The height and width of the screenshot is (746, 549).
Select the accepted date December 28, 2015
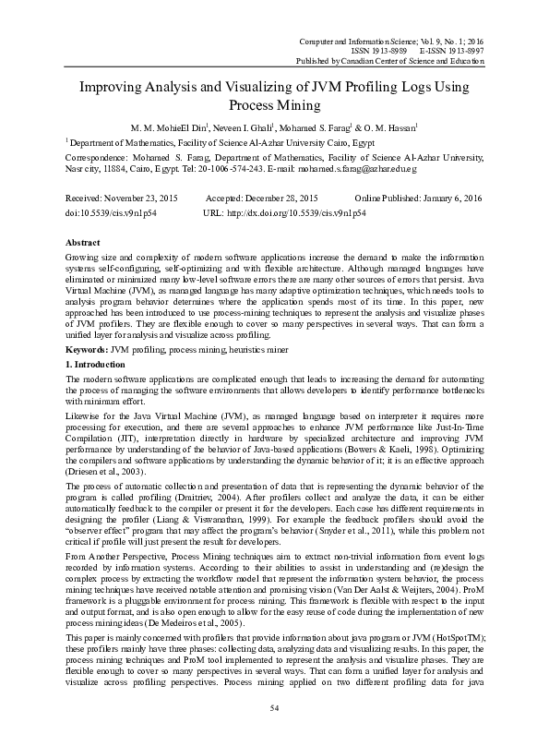click(277, 199)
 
